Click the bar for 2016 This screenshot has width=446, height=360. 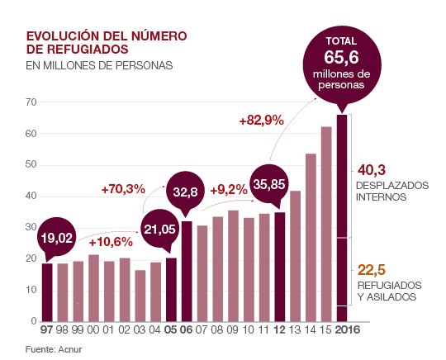pos(341,219)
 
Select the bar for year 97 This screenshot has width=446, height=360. pos(47,291)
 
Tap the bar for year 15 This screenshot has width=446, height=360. pos(326,224)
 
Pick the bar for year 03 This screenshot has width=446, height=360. pos(140,296)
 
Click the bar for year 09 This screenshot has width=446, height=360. pos(233,266)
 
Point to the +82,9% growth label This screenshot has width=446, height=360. pos(261,120)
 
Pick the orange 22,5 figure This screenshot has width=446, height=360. pos(372,269)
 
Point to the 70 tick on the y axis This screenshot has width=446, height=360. pos(31,102)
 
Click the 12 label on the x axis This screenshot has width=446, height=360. pos(279,330)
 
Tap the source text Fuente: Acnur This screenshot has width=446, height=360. pos(55,348)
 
